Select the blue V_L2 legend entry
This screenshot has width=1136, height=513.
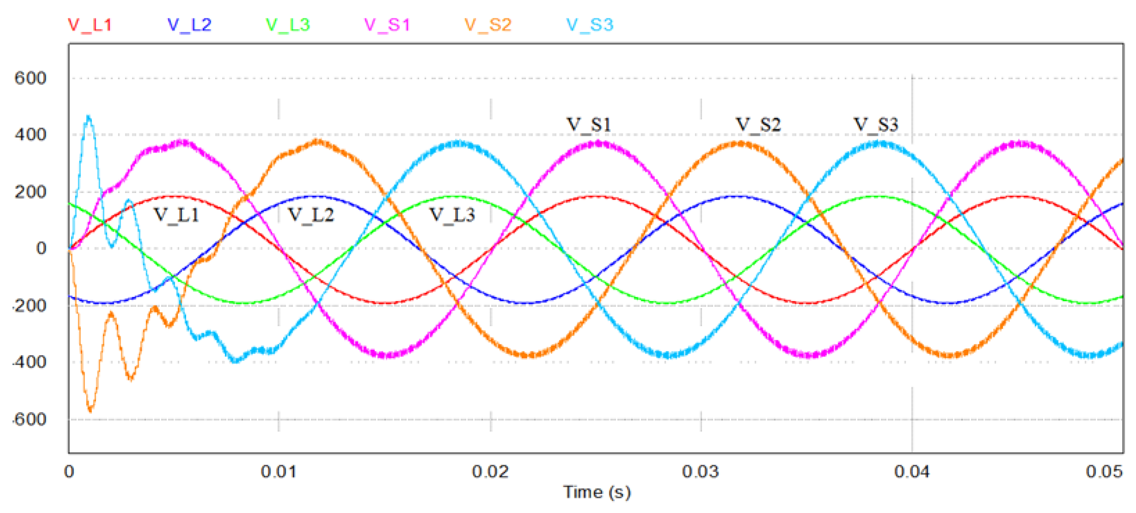click(190, 25)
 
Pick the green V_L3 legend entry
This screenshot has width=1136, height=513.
click(288, 25)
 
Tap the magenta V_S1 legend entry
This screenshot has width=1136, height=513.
click(387, 25)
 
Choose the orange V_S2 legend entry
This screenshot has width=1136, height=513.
click(488, 25)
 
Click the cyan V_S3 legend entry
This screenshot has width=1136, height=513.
click(589, 25)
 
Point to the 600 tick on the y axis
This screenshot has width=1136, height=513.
click(30, 79)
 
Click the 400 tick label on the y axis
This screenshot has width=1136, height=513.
click(30, 134)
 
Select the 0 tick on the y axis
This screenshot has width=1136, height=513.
click(41, 248)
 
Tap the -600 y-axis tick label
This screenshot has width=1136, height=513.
click(29, 419)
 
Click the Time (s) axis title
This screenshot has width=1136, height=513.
click(597, 492)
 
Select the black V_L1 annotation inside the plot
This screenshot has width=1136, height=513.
click(176, 215)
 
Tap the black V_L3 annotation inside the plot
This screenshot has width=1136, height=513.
click(452, 215)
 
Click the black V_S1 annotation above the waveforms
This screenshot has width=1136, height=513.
click(589, 125)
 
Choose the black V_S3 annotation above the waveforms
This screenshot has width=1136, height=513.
click(876, 125)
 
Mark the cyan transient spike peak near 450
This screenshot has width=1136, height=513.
click(89, 117)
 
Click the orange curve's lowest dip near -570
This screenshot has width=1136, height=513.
click(90, 410)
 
